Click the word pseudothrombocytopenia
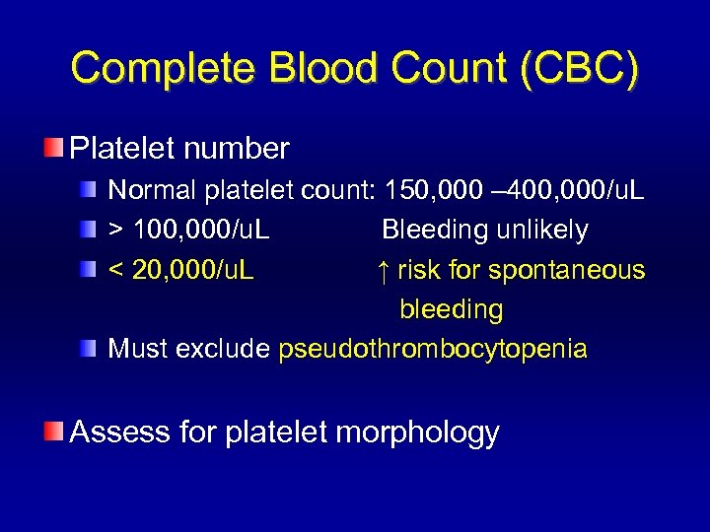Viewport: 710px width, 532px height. point(433,349)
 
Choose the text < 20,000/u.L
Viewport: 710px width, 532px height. point(180,270)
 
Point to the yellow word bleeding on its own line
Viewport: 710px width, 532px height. point(451,309)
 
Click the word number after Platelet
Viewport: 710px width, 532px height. point(241,149)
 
